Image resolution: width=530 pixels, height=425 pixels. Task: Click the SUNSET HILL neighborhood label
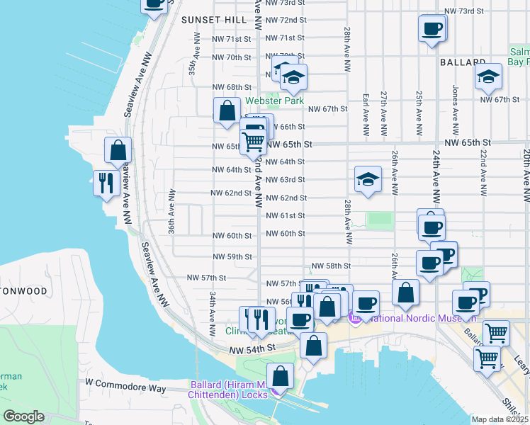213,20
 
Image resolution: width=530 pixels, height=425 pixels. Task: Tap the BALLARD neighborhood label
463,63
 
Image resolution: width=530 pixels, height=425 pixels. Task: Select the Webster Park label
275,101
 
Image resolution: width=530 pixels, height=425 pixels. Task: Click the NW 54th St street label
252,349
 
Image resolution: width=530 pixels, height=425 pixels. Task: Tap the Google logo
23,416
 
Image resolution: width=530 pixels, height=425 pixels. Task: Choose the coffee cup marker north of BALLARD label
432,29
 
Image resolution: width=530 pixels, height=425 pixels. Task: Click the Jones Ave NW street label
455,103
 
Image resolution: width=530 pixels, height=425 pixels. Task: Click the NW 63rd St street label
286,180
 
